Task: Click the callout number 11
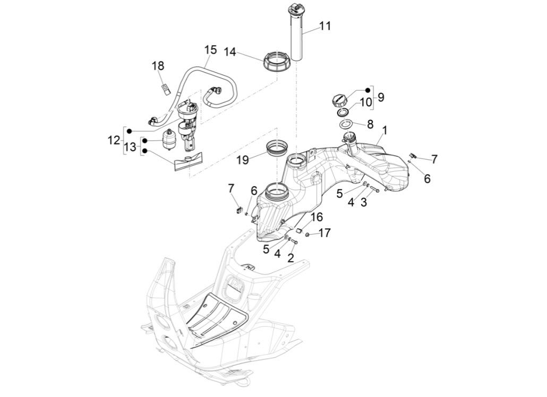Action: pyautogui.click(x=325, y=25)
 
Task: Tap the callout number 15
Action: pyautogui.click(x=210, y=50)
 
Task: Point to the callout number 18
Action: pyautogui.click(x=158, y=66)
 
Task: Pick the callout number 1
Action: pyautogui.click(x=384, y=130)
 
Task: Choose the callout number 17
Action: pyautogui.click(x=324, y=232)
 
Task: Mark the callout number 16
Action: pyautogui.click(x=317, y=217)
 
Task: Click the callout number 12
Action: pyautogui.click(x=114, y=140)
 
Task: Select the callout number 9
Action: pyautogui.click(x=381, y=97)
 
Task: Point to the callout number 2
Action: pyautogui.click(x=290, y=258)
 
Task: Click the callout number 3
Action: pyautogui.click(x=364, y=202)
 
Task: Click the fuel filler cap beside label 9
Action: pyautogui.click(x=339, y=99)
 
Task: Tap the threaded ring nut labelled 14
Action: pyautogui.click(x=277, y=62)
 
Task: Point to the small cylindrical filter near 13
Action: pyautogui.click(x=169, y=139)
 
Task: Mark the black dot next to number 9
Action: pyautogui.click(x=367, y=90)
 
